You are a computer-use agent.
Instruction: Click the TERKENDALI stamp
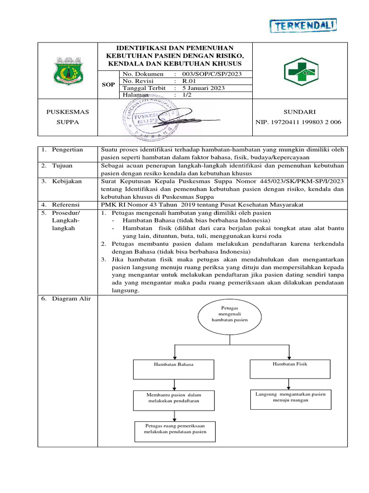[303, 26]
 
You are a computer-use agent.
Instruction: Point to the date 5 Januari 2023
[203, 88]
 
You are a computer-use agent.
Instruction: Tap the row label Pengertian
[68, 150]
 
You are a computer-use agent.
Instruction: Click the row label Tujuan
[62, 166]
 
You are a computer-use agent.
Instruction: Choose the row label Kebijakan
[67, 182]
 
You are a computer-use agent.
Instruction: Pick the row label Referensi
[66, 205]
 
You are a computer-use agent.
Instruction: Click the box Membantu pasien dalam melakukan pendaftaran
[173, 398]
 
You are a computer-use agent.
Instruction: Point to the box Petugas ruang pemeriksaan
[175, 429]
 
